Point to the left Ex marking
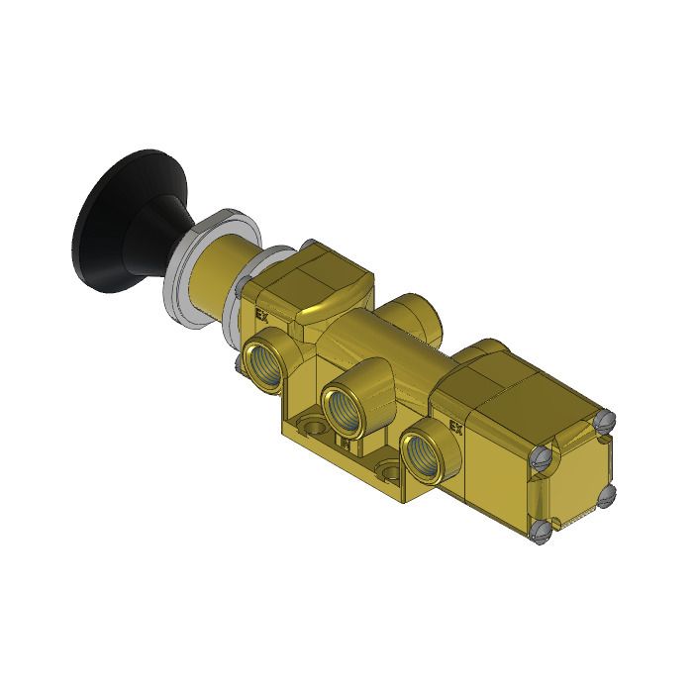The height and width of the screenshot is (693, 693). [x=262, y=316]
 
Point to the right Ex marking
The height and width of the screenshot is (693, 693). [x=456, y=428]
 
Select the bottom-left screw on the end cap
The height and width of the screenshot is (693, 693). [x=540, y=535]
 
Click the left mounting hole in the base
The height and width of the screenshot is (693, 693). [x=314, y=428]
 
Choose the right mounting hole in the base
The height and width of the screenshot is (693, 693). [x=388, y=471]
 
